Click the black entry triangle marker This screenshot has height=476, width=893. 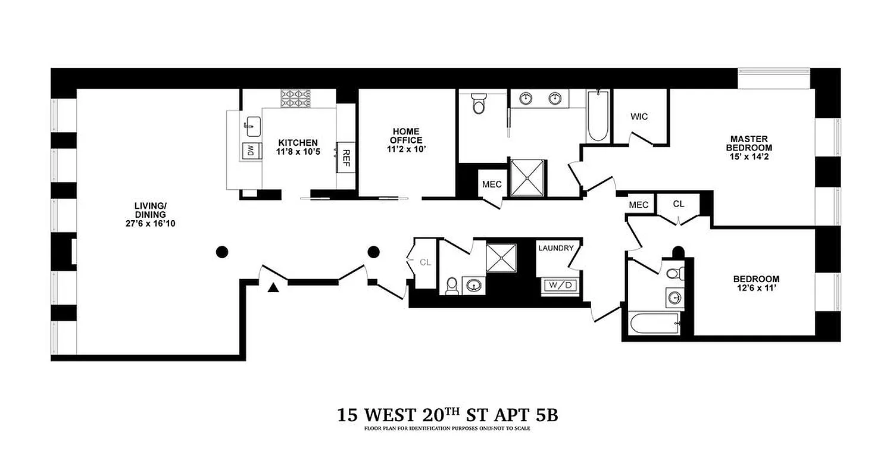point(273,289)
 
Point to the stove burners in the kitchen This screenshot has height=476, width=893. point(296,98)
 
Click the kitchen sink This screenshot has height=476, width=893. point(252,126)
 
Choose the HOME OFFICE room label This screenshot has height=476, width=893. point(405,136)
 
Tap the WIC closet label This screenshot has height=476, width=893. point(639,117)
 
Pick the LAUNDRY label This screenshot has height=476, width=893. point(555,248)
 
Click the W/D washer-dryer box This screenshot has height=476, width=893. point(559,286)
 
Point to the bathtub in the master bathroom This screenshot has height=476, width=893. point(597,116)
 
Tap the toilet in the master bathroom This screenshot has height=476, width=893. point(478,104)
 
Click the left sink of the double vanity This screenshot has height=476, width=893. point(526,98)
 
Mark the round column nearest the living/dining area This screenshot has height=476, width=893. point(221,252)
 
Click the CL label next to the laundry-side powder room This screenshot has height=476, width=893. point(425,262)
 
